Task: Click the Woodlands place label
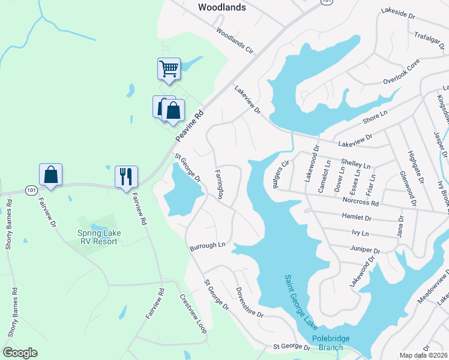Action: click(x=221, y=8)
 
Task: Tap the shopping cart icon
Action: click(x=169, y=68)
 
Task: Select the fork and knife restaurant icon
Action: click(x=126, y=176)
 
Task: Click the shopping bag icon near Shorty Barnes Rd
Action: click(x=51, y=175)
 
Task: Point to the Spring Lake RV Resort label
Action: click(x=97, y=237)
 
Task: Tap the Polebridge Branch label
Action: click(x=328, y=343)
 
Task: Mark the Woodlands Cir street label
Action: click(x=235, y=41)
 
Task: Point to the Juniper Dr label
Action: click(x=364, y=250)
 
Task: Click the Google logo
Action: click(x=20, y=353)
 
